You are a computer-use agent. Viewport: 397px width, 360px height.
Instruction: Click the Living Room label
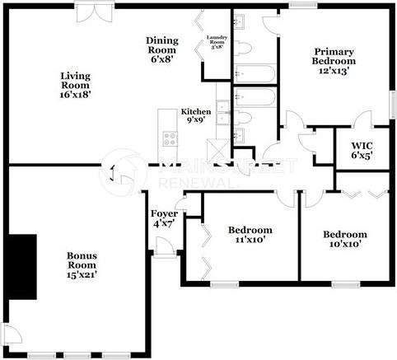coord(75,85)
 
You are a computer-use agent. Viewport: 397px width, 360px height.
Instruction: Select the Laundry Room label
coord(217,40)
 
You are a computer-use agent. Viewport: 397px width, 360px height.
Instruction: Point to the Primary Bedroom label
coord(334,61)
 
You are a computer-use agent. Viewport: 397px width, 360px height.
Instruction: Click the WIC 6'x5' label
coord(362,150)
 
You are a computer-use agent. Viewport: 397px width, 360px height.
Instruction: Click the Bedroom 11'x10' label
coord(250,235)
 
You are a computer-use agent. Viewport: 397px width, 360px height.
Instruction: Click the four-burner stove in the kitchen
coord(170,138)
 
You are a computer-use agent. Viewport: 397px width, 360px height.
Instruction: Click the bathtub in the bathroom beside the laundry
coord(256,73)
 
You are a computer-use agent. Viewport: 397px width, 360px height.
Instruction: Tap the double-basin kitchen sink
coord(222,115)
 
